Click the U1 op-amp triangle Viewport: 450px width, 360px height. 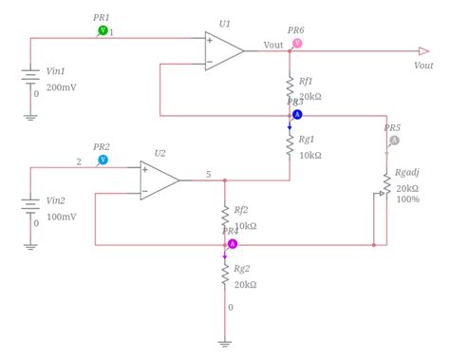click(222, 51)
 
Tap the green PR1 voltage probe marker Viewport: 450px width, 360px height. click(103, 31)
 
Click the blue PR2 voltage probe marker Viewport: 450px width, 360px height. click(103, 161)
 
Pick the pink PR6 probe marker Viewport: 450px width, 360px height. click(297, 44)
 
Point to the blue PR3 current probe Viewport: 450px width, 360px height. click(296, 114)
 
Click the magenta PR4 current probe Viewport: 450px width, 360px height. click(232, 244)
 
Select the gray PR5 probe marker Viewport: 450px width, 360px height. click(394, 141)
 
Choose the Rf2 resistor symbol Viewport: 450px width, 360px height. click(225, 216)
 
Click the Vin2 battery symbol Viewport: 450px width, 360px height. click(30, 209)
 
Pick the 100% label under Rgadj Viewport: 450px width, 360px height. click(409, 199)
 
